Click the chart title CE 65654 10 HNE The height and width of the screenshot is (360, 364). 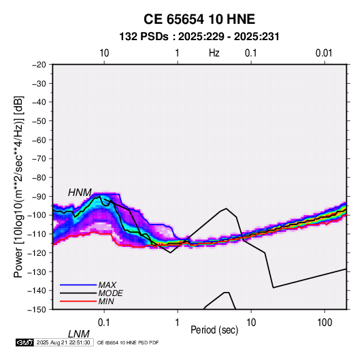click(x=199, y=19)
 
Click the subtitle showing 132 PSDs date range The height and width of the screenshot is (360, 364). click(x=199, y=37)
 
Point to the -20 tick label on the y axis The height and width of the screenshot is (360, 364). click(x=39, y=65)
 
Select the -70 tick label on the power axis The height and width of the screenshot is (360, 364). click(x=39, y=159)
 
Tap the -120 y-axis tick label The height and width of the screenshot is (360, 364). click(x=37, y=252)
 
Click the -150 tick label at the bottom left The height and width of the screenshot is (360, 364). click(x=37, y=310)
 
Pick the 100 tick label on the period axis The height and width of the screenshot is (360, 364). click(x=325, y=323)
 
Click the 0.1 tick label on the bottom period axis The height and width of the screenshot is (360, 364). click(x=104, y=323)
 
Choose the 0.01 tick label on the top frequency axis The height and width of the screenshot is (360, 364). click(x=324, y=53)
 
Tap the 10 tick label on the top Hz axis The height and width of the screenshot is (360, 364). click(x=104, y=53)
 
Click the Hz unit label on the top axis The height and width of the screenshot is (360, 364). click(x=214, y=53)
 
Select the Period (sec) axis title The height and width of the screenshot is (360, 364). click(x=214, y=330)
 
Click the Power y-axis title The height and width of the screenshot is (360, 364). click(x=18, y=186)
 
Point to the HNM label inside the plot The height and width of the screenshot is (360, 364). click(x=80, y=193)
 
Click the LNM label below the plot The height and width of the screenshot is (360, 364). click(x=79, y=334)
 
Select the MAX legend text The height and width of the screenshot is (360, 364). click(x=107, y=284)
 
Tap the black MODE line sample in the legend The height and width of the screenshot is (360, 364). click(x=78, y=293)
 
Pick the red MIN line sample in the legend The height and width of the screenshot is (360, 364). click(x=78, y=301)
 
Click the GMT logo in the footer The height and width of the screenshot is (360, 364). click(x=25, y=342)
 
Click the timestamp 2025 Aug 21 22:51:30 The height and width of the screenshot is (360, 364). click(x=63, y=342)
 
